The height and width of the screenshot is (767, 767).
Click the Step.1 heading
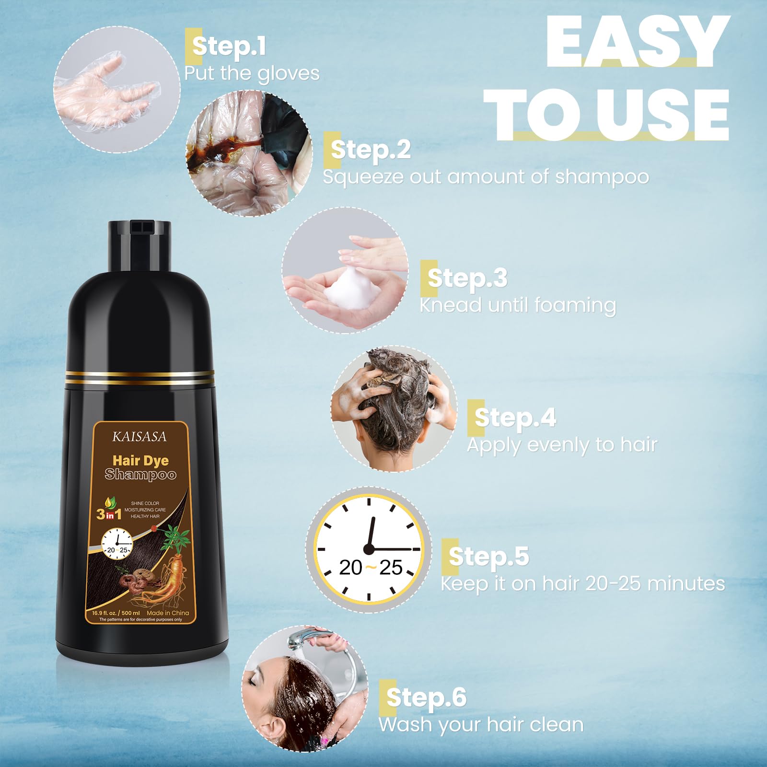click(x=229, y=46)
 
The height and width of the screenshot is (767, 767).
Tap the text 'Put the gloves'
click(x=252, y=74)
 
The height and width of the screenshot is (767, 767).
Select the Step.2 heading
click(x=371, y=150)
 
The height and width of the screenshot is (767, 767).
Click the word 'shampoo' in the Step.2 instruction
click(x=602, y=177)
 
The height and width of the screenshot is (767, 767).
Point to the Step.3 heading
click(x=467, y=278)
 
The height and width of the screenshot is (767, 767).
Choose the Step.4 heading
click(x=515, y=418)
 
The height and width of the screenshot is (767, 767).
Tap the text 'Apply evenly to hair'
click(x=562, y=445)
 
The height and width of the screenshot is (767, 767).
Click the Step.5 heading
click(x=489, y=557)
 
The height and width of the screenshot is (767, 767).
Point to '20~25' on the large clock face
click(x=371, y=568)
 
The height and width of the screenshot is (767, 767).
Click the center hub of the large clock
click(x=369, y=549)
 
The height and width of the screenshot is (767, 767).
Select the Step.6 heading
click(x=426, y=697)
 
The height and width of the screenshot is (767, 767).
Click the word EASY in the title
click(x=638, y=42)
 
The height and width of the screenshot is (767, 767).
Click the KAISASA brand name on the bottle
click(x=139, y=437)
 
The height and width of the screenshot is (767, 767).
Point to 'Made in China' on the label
click(x=168, y=613)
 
